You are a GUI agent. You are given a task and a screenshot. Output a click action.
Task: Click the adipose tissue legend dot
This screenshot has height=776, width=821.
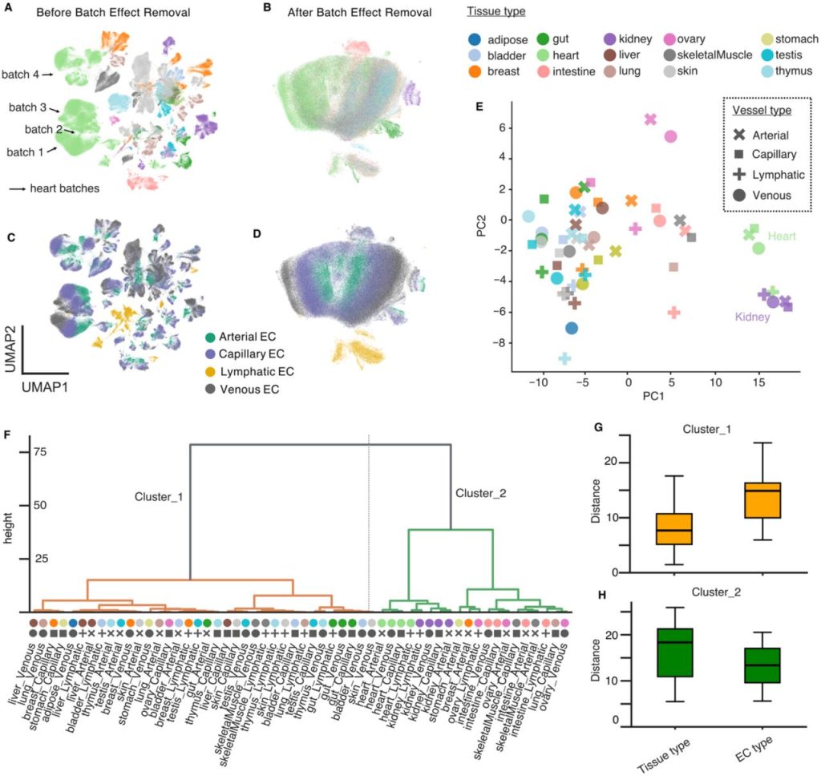[x=475, y=38]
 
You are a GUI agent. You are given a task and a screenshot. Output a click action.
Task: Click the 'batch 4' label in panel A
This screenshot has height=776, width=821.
[x=30, y=75]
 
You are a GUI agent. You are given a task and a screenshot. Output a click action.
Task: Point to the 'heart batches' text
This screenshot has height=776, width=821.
[x=64, y=189]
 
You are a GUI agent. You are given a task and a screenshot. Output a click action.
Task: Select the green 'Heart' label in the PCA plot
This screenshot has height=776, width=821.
[x=782, y=236]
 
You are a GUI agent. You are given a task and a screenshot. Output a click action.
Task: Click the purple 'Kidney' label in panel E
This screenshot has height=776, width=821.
[x=753, y=317]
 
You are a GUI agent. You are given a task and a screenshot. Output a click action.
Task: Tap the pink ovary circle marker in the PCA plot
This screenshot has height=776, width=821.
[x=670, y=136]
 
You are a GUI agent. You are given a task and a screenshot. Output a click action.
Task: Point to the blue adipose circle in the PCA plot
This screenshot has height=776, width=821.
[x=571, y=328]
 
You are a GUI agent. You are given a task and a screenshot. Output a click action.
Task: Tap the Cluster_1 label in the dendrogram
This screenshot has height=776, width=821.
[x=158, y=497]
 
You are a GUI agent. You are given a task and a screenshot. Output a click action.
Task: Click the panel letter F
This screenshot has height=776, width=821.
[x=7, y=434]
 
